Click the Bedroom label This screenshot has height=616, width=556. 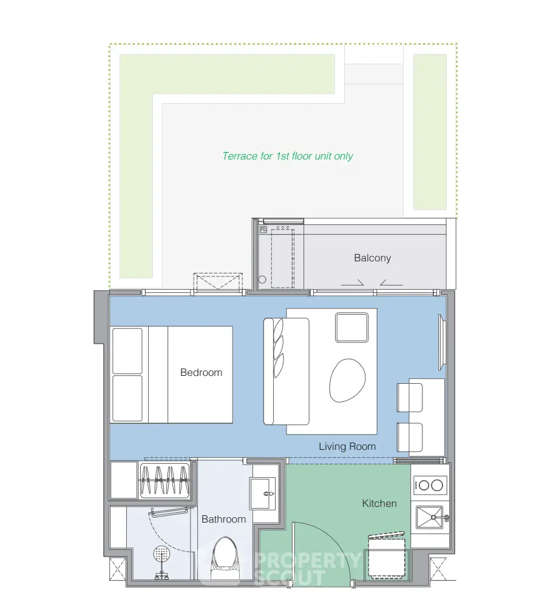point(201,372)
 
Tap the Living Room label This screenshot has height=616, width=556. point(347,446)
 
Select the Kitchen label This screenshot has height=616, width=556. point(379,503)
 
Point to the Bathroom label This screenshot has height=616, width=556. point(223,519)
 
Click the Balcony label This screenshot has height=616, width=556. point(372,258)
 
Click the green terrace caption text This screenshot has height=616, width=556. point(288,156)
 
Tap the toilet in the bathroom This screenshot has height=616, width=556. point(224,558)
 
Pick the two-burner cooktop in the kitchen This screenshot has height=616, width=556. point(430,485)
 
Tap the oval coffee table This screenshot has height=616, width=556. point(347,380)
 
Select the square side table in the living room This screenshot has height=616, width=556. point(352,327)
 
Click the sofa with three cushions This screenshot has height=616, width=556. point(286,371)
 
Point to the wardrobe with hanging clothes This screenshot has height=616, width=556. point(164,480)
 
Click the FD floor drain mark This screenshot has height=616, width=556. point(263,229)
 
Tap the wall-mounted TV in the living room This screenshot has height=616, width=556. point(442,342)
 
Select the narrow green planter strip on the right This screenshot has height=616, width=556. point(430,132)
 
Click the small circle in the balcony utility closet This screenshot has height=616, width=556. point(262,280)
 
